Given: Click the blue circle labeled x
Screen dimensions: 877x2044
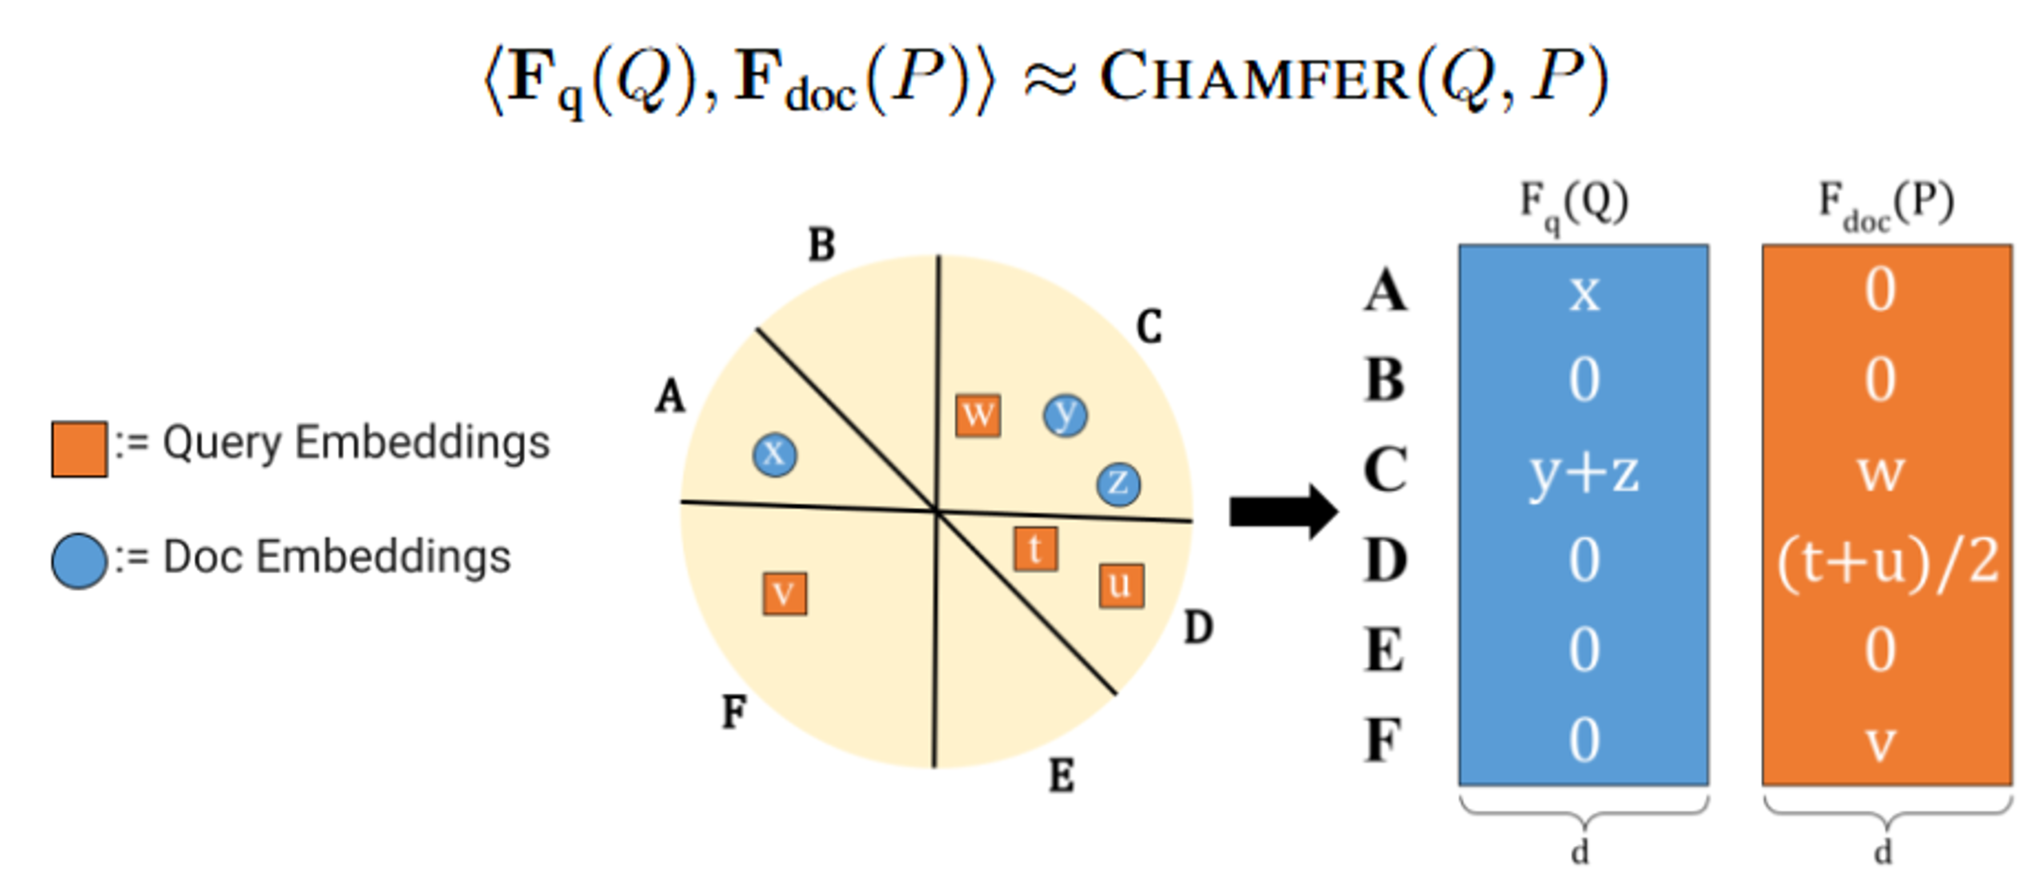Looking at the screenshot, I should [x=774, y=455].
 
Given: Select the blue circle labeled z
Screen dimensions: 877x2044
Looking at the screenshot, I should [x=1118, y=483].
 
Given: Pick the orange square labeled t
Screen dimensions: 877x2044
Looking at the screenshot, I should [x=1035, y=548].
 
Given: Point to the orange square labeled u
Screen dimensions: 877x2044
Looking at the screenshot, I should [x=1121, y=586].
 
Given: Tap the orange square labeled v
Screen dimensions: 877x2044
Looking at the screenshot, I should [x=785, y=594].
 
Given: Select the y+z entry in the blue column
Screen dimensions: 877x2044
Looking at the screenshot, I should [x=1584, y=474].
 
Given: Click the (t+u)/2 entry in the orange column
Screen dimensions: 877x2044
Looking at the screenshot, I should [x=1887, y=562].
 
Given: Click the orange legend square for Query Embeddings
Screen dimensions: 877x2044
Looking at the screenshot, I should [x=79, y=449].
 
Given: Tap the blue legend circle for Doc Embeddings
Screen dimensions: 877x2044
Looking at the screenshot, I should [x=79, y=560].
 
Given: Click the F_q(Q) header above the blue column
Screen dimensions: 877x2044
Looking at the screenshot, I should [x=1574, y=206].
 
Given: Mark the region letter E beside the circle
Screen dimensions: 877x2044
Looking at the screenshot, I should [x=1062, y=775].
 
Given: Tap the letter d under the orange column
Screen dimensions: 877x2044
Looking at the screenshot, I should [x=1883, y=852].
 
